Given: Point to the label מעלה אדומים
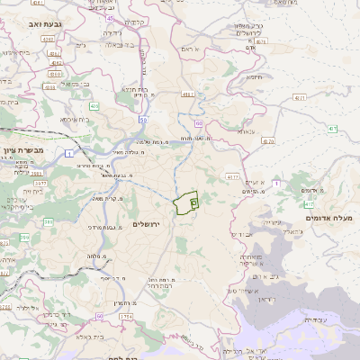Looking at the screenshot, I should [x=329, y=219].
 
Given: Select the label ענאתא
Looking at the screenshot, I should [x=246, y=130].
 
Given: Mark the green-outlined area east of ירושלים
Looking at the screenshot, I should [x=187, y=203].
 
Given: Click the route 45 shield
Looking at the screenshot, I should [x=110, y=17].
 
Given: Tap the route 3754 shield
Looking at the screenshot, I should [x=125, y=317].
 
